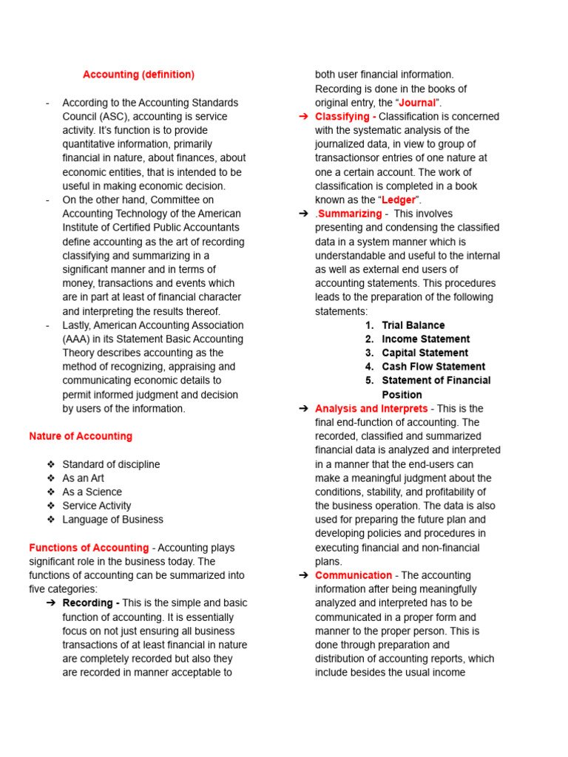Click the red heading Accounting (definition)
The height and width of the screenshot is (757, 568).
138,75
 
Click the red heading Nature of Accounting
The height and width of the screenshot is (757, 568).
81,436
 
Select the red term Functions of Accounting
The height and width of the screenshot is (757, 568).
89,548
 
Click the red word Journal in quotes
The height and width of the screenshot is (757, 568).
417,103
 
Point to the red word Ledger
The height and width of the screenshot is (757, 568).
399,200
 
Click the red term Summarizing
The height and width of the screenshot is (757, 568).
349,214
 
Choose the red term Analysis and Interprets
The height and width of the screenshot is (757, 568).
371,409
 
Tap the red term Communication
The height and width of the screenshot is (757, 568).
354,575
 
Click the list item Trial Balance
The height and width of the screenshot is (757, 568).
413,325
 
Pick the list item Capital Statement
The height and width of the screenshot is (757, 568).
425,353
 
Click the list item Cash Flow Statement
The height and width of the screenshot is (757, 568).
433,367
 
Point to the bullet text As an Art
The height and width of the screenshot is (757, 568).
84,478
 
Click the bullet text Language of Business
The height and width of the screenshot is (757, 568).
112,520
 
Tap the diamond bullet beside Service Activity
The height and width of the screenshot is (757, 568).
50,506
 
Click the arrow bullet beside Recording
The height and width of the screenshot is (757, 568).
50,603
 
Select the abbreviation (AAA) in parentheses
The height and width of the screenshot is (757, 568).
77,339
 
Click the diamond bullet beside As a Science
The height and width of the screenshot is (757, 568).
50,492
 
